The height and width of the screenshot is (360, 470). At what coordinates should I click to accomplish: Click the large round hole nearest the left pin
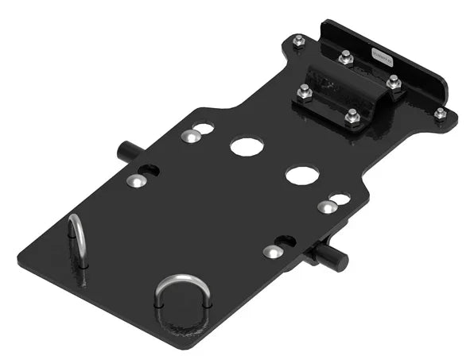(x=246, y=146)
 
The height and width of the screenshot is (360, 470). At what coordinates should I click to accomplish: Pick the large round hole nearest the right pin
(x=302, y=176)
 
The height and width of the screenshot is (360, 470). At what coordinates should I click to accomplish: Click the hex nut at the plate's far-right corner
(x=440, y=114)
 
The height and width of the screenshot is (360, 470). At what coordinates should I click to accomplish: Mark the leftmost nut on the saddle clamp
(x=304, y=92)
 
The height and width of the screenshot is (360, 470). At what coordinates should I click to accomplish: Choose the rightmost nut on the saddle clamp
(x=392, y=81)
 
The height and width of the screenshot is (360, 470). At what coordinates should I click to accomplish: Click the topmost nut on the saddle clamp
(x=345, y=57)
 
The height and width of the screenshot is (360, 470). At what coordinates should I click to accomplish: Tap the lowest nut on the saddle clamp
(x=353, y=119)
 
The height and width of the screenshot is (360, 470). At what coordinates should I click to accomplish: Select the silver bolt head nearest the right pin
(x=272, y=252)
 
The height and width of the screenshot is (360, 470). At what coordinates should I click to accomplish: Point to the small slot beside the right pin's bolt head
(x=286, y=241)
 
